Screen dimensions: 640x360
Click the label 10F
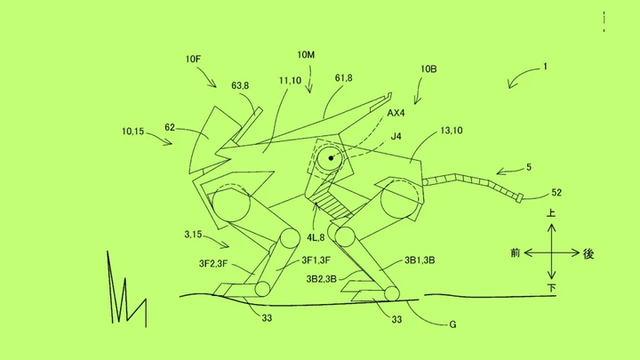(x=193, y=60)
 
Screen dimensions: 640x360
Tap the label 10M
(x=306, y=55)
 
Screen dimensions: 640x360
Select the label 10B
(x=428, y=69)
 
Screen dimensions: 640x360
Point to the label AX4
(x=396, y=113)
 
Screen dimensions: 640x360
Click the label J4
(x=396, y=136)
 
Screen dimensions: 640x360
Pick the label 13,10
(x=452, y=131)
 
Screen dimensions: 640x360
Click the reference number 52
(x=556, y=192)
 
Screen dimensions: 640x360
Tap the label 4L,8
(x=316, y=237)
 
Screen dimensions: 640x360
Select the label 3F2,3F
(x=213, y=264)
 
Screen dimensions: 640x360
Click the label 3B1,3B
(x=420, y=260)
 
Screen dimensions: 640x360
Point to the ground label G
(x=452, y=324)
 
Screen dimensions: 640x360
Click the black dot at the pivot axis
(x=331, y=158)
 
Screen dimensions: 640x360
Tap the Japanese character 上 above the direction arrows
(x=551, y=213)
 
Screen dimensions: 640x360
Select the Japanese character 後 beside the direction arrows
(x=588, y=253)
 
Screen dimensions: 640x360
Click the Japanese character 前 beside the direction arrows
(x=515, y=253)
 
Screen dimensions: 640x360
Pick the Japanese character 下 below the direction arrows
(x=551, y=288)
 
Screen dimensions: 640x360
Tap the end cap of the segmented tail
(x=520, y=199)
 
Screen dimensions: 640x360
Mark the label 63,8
(x=240, y=85)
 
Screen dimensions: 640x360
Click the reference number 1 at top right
(x=545, y=67)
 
